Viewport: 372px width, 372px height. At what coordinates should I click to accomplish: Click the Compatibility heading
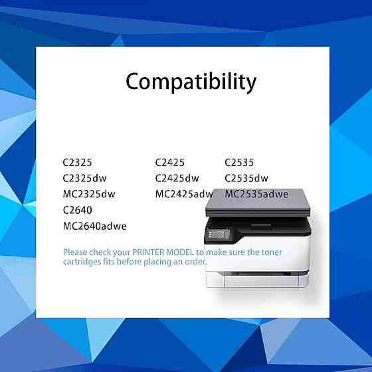(191, 82)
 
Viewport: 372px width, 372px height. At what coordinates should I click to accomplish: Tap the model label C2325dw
(84, 178)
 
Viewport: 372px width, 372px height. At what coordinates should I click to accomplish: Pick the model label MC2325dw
(89, 194)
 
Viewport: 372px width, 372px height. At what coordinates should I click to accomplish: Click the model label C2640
(77, 210)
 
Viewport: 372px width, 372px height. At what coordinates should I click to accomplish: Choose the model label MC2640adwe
(94, 226)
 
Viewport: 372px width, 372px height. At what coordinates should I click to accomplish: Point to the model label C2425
(170, 162)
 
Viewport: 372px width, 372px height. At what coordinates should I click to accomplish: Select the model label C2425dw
(177, 178)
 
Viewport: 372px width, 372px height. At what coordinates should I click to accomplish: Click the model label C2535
(239, 162)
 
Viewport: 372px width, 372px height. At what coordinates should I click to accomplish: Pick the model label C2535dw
(246, 178)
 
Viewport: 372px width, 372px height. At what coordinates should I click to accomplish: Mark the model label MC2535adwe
(256, 194)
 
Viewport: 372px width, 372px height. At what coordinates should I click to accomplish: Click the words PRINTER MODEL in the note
(163, 252)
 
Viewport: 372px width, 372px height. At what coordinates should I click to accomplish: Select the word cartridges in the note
(84, 262)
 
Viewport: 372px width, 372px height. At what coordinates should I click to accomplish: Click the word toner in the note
(270, 252)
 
